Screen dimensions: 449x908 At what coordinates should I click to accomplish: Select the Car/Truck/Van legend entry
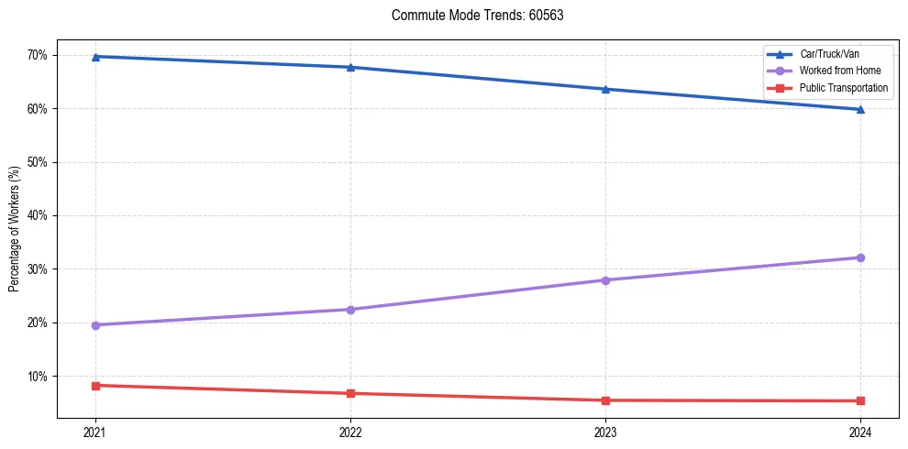point(829,54)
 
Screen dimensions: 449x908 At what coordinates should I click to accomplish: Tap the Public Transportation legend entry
point(844,88)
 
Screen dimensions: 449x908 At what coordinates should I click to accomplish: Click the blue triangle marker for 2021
point(95,57)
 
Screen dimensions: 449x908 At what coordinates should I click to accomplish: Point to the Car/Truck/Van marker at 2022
point(350,67)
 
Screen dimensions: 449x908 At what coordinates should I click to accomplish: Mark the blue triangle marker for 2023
point(605,89)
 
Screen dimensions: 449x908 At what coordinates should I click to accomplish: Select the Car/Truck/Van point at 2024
point(860,109)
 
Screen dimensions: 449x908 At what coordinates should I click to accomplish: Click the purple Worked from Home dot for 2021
point(95,325)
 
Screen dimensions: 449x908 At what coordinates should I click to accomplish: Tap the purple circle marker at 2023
point(605,280)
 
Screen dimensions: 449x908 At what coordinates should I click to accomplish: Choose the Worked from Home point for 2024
point(860,257)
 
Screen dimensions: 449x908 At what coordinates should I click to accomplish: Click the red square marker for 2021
point(95,386)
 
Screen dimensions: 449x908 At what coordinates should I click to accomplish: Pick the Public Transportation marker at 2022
point(350,394)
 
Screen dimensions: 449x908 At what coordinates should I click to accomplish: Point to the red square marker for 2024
point(860,400)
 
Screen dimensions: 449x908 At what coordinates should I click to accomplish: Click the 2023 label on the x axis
point(605,431)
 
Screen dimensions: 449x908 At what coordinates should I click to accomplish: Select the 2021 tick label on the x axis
point(95,431)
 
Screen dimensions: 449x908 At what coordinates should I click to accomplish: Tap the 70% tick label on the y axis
point(37,55)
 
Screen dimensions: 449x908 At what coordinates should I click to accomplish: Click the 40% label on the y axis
point(37,216)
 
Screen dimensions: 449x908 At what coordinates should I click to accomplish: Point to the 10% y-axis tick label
point(37,377)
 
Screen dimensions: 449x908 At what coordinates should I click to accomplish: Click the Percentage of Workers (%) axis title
point(15,229)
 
